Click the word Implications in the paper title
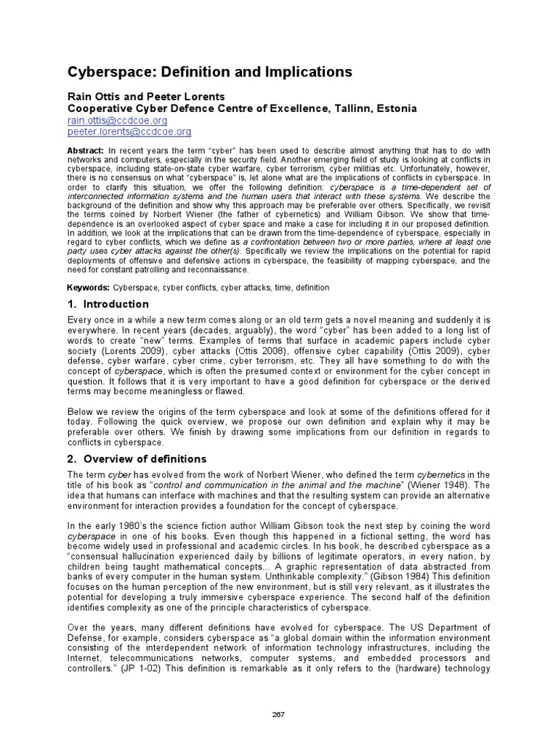(x=305, y=72)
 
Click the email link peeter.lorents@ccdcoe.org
(x=129, y=132)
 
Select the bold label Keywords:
(x=89, y=288)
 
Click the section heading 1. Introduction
(x=108, y=304)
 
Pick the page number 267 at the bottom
(x=279, y=714)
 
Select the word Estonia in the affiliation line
(x=397, y=108)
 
